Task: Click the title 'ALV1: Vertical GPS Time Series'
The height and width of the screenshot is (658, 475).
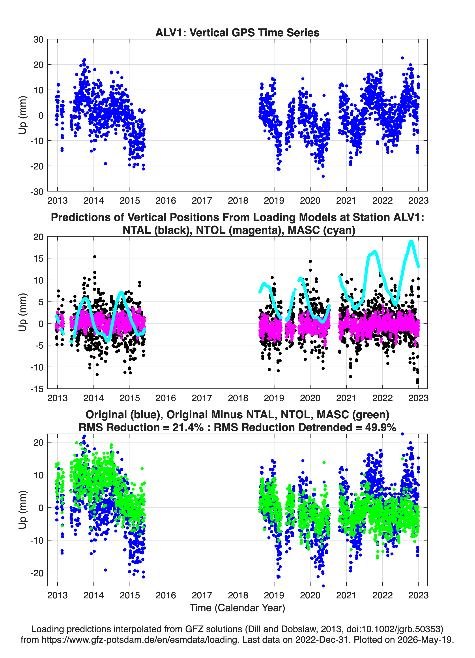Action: coord(237,32)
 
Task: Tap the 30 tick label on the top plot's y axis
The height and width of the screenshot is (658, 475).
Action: coord(38,39)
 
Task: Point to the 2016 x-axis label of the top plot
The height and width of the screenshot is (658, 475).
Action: coord(166,201)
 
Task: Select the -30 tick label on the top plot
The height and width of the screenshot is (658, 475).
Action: coord(37,192)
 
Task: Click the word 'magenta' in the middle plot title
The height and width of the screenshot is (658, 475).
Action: coord(258,230)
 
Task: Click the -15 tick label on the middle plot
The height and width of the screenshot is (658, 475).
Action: coord(37,389)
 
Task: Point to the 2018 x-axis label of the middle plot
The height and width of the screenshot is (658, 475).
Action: coord(238,398)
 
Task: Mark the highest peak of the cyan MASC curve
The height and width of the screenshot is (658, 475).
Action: coord(411,241)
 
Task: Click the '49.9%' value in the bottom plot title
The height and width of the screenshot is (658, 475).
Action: coord(381,427)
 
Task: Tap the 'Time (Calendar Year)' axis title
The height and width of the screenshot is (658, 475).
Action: coord(237,608)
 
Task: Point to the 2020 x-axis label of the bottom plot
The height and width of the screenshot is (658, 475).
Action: coord(310,595)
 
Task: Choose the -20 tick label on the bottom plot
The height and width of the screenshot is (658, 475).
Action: coord(37,573)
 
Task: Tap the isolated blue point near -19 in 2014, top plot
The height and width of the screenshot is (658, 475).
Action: coord(105,164)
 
